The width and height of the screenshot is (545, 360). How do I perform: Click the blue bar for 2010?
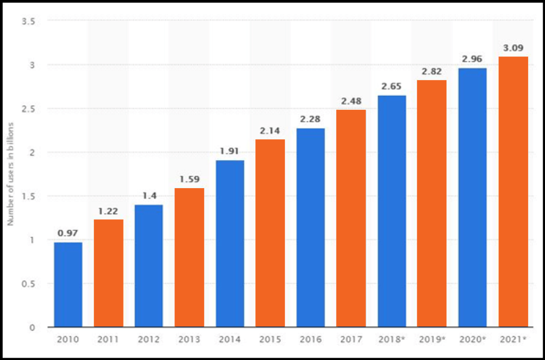(x=68, y=284)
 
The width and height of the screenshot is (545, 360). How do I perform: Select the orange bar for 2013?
(x=189, y=258)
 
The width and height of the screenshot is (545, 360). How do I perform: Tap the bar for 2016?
(x=311, y=227)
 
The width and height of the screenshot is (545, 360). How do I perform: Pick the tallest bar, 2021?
(x=513, y=191)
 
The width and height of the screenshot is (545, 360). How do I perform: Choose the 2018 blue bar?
(x=392, y=211)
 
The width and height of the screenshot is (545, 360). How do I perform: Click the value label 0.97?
(x=68, y=233)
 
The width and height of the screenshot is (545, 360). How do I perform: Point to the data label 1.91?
(x=229, y=152)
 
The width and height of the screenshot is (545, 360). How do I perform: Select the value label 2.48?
(x=351, y=101)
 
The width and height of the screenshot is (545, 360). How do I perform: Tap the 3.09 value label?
(x=513, y=48)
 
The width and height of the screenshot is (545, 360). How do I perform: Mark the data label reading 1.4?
(x=149, y=196)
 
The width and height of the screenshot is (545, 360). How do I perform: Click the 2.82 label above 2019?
(x=431, y=71)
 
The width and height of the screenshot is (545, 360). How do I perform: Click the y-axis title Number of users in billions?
(x=11, y=174)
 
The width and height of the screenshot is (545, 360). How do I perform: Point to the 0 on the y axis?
(x=32, y=328)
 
